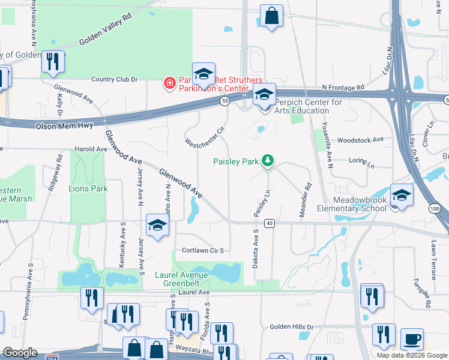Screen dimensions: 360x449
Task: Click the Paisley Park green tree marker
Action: pos(268,161)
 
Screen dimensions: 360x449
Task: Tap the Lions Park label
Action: pos(88,188)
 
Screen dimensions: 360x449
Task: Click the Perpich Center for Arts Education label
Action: pos(308,106)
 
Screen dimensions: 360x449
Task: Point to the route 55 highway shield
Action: pos(224,102)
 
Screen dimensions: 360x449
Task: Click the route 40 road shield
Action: pos(269,223)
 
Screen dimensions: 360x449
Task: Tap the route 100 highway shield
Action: pos(434,208)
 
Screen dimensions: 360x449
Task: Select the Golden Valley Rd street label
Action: pos(104,34)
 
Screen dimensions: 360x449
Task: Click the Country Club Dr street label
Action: pos(114,79)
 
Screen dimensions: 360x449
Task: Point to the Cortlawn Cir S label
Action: pos(203,250)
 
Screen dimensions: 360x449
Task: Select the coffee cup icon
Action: pos(412,339)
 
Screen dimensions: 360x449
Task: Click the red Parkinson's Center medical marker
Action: pos(170,83)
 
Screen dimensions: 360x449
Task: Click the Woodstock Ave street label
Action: pos(360,140)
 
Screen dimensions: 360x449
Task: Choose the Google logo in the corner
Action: pos(20,353)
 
